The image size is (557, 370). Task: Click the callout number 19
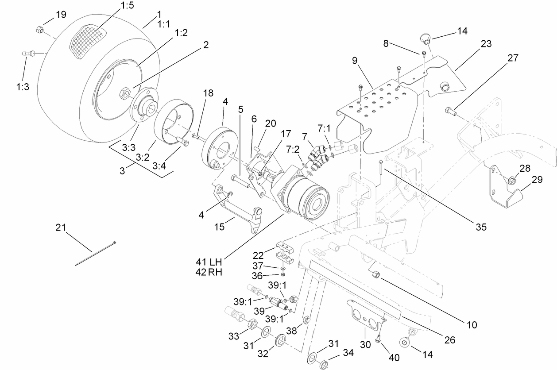[61, 15]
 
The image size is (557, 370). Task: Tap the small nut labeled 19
[39, 30]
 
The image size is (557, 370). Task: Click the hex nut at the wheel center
[124, 93]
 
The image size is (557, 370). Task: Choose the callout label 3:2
[142, 157]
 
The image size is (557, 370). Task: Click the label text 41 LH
[208, 261]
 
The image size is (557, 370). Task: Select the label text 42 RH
[208, 272]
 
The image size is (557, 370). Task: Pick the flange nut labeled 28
[511, 180]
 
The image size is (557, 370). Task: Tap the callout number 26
[449, 340]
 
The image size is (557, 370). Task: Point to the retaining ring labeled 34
[324, 365]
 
